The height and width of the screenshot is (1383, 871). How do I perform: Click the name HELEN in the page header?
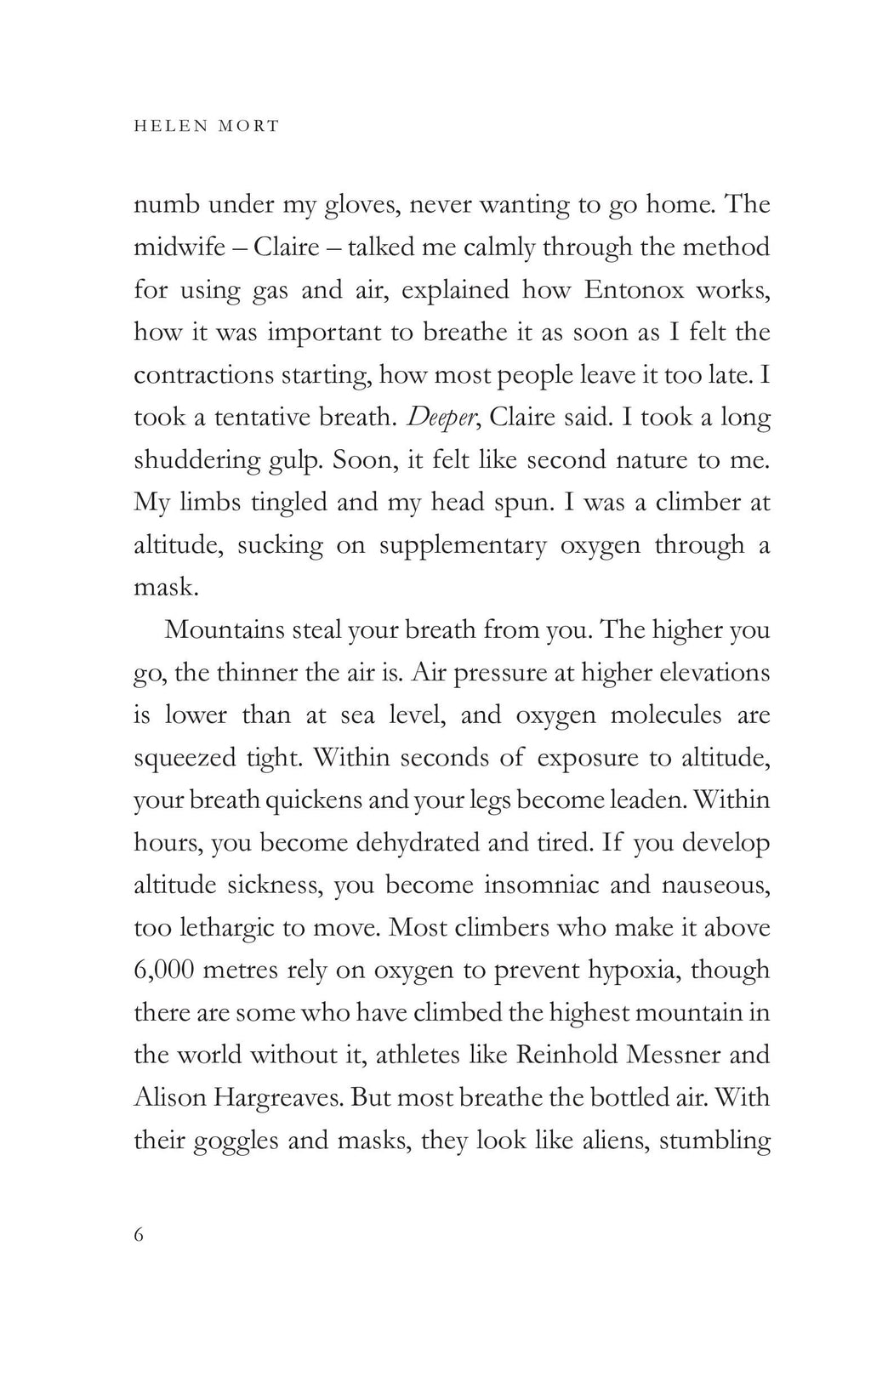(x=166, y=126)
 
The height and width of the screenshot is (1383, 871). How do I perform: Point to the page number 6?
(x=139, y=1234)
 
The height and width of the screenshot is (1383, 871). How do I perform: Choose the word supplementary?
(x=463, y=545)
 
